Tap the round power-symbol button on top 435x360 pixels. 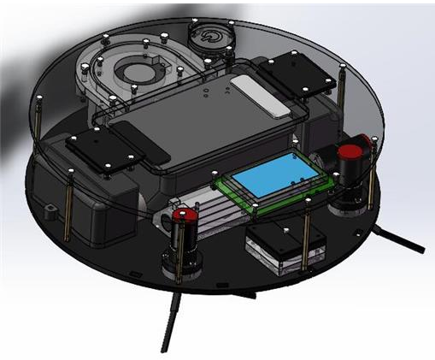pyautogui.click(x=208, y=38)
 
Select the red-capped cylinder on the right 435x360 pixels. pyautogui.click(x=350, y=157)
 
